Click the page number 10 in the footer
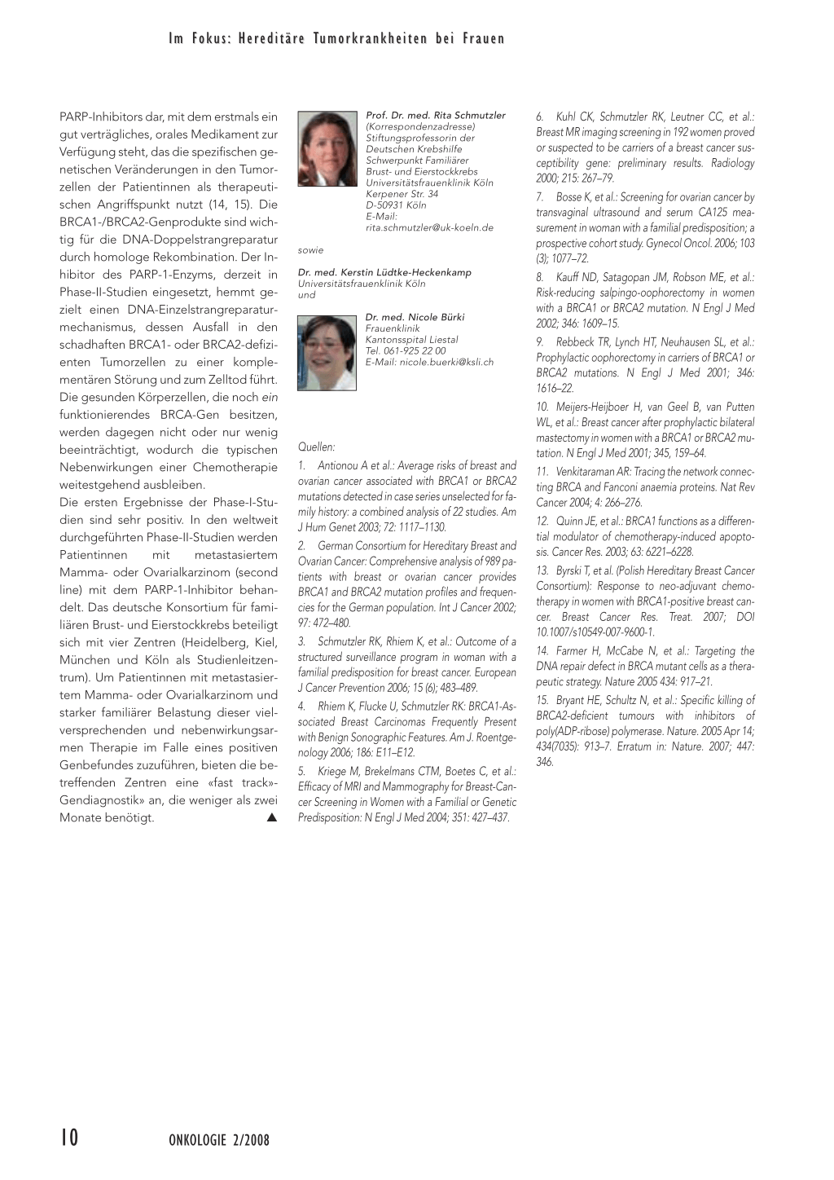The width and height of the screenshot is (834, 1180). point(69,1138)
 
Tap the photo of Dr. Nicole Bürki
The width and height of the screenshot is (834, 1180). point(327,353)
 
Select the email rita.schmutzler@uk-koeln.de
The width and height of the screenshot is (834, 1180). point(429,227)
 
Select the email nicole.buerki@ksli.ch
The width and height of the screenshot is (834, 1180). point(429,362)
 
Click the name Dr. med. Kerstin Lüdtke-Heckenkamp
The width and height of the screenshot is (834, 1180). point(384,272)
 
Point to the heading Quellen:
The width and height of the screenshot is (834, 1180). point(317,447)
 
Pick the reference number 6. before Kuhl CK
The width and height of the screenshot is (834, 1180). point(540,117)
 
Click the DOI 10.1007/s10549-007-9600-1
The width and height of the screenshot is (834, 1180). point(595,632)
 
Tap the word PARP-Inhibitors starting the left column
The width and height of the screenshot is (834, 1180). point(103,117)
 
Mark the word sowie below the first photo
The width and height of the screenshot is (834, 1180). point(311,250)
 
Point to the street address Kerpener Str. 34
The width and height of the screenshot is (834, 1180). point(402,194)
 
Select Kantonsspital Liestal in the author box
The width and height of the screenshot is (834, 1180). point(411,340)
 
